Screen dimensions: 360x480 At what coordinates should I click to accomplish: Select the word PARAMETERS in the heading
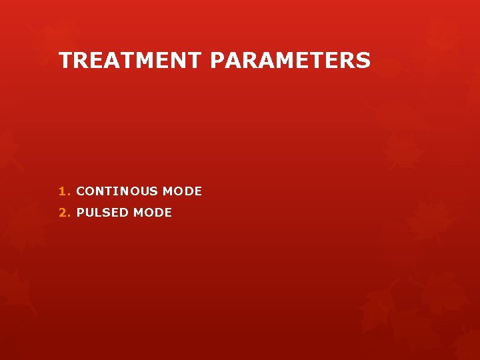[290, 61]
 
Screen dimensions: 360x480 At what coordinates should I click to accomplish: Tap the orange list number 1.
[63, 191]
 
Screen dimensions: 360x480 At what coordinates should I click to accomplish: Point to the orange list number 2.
[63, 213]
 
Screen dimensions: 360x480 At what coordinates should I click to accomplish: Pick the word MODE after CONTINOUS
[182, 191]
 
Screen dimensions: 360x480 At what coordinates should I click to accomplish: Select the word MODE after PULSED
[153, 213]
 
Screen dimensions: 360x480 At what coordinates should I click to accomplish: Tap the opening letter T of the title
[65, 61]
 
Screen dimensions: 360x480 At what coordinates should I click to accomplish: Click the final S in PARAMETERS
[363, 61]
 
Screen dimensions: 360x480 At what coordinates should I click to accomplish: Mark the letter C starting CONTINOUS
[81, 191]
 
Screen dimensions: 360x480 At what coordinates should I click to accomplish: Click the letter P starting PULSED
[81, 213]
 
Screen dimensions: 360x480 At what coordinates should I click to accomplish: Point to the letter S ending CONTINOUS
[154, 191]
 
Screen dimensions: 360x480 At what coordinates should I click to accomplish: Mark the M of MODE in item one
[168, 191]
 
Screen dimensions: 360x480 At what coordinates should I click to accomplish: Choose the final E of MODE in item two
[168, 213]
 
